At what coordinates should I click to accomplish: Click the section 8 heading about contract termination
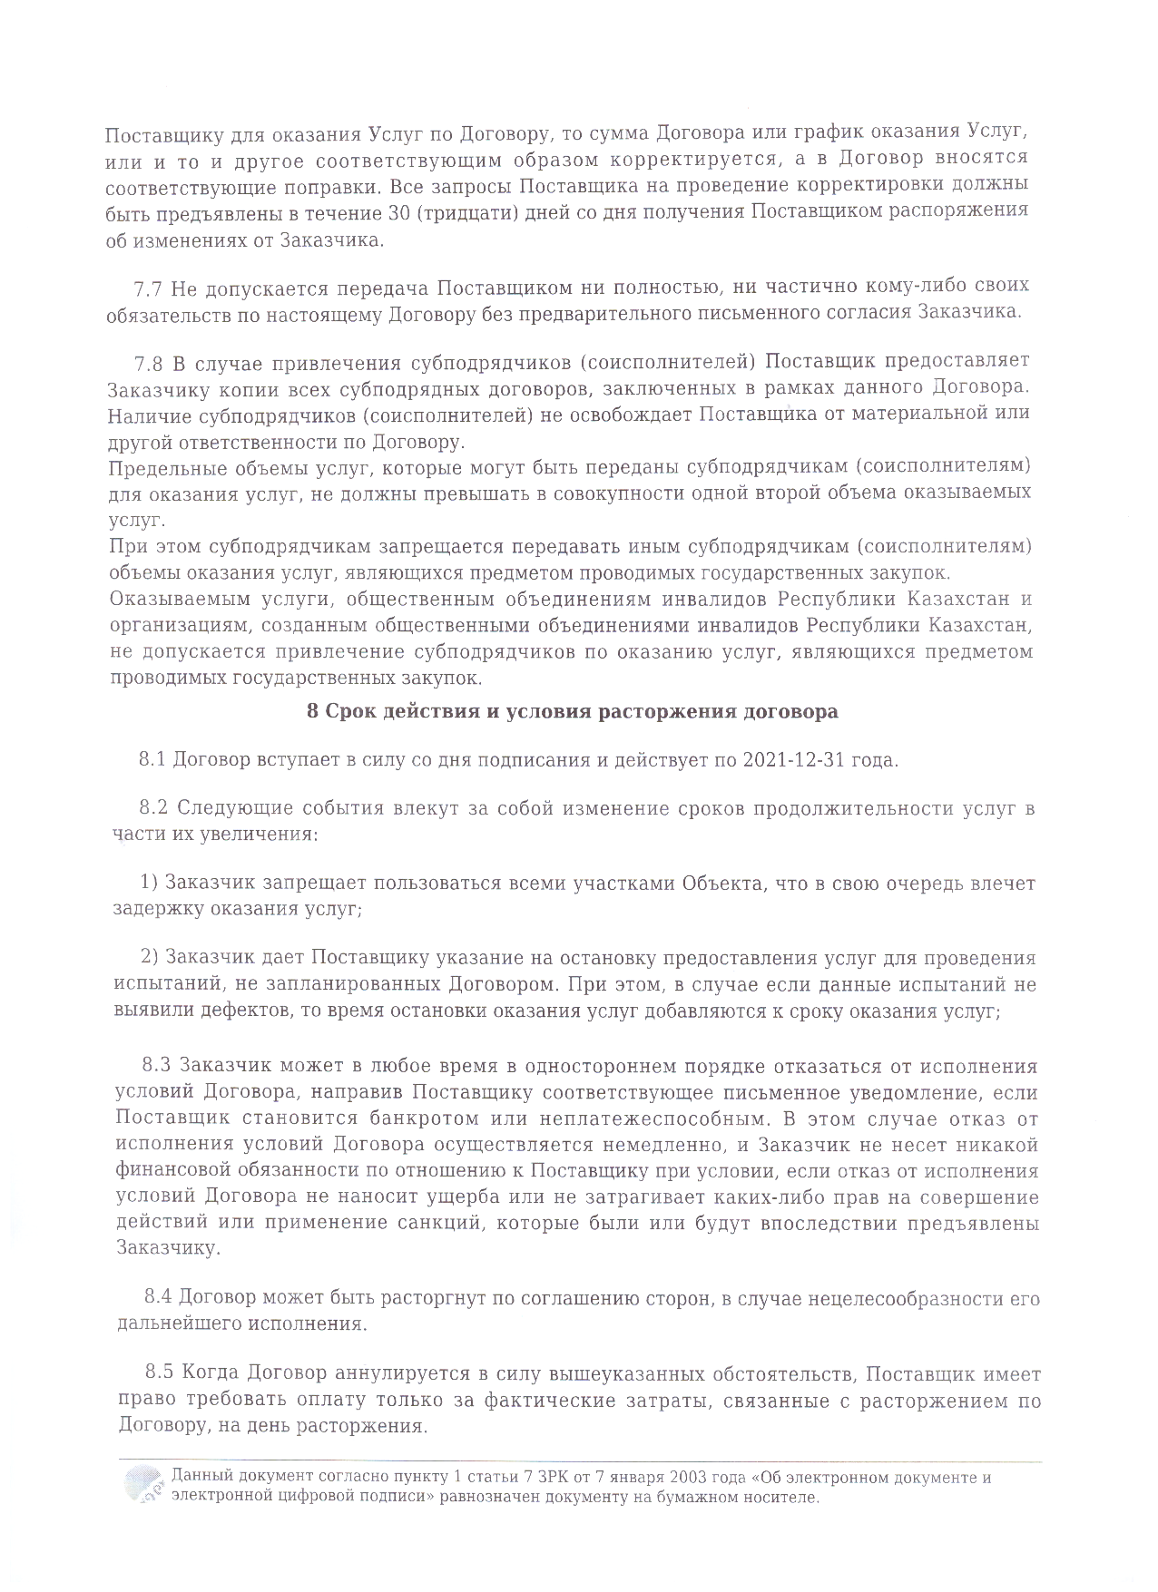tap(572, 712)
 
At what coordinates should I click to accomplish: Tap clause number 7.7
tap(147, 288)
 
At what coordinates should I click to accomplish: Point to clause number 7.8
tap(148, 364)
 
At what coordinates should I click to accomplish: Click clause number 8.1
tap(152, 760)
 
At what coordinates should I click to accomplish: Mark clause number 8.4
tap(160, 1299)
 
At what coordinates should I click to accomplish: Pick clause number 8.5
tap(161, 1375)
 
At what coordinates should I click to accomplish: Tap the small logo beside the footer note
tap(143, 1487)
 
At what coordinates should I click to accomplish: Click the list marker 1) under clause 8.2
tap(150, 884)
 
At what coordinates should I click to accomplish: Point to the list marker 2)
tap(151, 959)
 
